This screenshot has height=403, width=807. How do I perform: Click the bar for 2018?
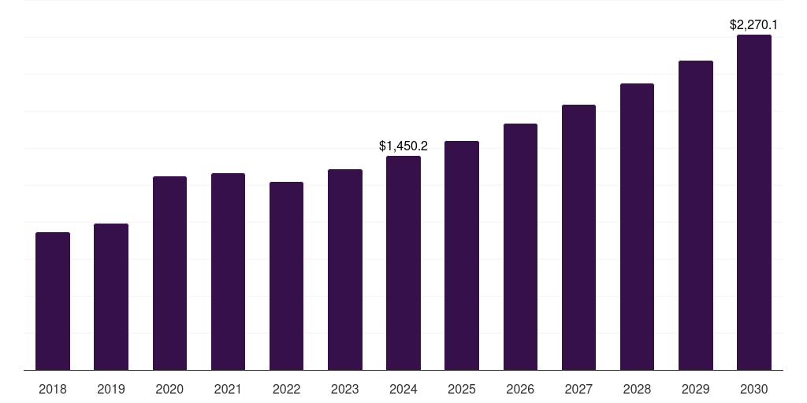[x=53, y=301]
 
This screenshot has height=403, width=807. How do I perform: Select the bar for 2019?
[x=111, y=297]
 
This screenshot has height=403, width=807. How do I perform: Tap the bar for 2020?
[x=169, y=273]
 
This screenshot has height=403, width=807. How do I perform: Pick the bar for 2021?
[x=228, y=272]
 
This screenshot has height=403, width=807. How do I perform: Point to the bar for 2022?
[x=286, y=276]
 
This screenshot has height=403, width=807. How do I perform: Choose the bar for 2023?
[x=345, y=270]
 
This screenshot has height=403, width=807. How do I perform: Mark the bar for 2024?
[x=403, y=263]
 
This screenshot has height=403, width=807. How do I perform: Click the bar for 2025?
[x=462, y=256]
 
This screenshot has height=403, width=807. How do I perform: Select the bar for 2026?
[x=520, y=247]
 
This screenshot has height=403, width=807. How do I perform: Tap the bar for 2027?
[x=578, y=238]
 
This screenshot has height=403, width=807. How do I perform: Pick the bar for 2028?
[x=637, y=227]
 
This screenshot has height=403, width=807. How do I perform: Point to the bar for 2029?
[x=696, y=216]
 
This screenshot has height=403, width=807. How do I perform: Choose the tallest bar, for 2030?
[x=754, y=202]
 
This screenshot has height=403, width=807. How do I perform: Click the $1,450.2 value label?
[x=403, y=146]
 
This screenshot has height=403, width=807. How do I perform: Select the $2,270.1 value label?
[x=754, y=25]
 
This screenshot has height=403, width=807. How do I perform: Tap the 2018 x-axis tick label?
[x=53, y=389]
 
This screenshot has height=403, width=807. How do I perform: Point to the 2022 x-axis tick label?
[x=286, y=389]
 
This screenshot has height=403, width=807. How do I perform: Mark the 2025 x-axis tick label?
[x=462, y=389]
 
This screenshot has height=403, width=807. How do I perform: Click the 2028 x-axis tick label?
[x=637, y=389]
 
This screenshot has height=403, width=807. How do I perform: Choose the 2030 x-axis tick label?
[x=754, y=389]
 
